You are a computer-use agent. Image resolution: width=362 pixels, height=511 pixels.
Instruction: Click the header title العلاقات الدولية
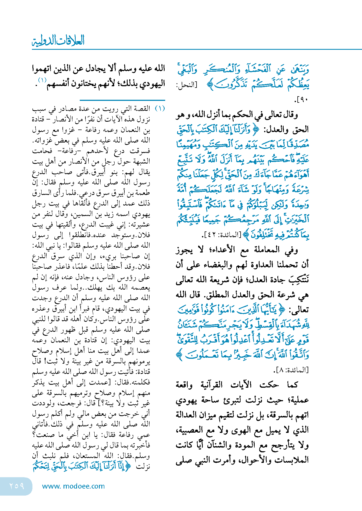click(x=58, y=41)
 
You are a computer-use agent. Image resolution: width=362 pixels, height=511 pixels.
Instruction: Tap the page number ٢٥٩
click(x=17, y=486)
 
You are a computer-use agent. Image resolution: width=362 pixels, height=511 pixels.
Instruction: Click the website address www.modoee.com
click(x=73, y=486)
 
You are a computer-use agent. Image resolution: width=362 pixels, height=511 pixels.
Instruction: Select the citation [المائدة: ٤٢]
click(x=222, y=235)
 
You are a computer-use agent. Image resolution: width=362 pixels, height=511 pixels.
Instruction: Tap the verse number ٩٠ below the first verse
click(x=302, y=100)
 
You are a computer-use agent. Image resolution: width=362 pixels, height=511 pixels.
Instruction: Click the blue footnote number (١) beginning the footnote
click(x=160, y=108)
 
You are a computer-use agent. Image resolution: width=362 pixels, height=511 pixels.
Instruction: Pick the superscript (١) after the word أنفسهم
click(x=42, y=80)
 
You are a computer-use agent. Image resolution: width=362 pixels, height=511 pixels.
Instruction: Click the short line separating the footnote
click(x=122, y=100)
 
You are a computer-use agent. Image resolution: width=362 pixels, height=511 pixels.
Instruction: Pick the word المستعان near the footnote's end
click(x=84, y=455)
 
